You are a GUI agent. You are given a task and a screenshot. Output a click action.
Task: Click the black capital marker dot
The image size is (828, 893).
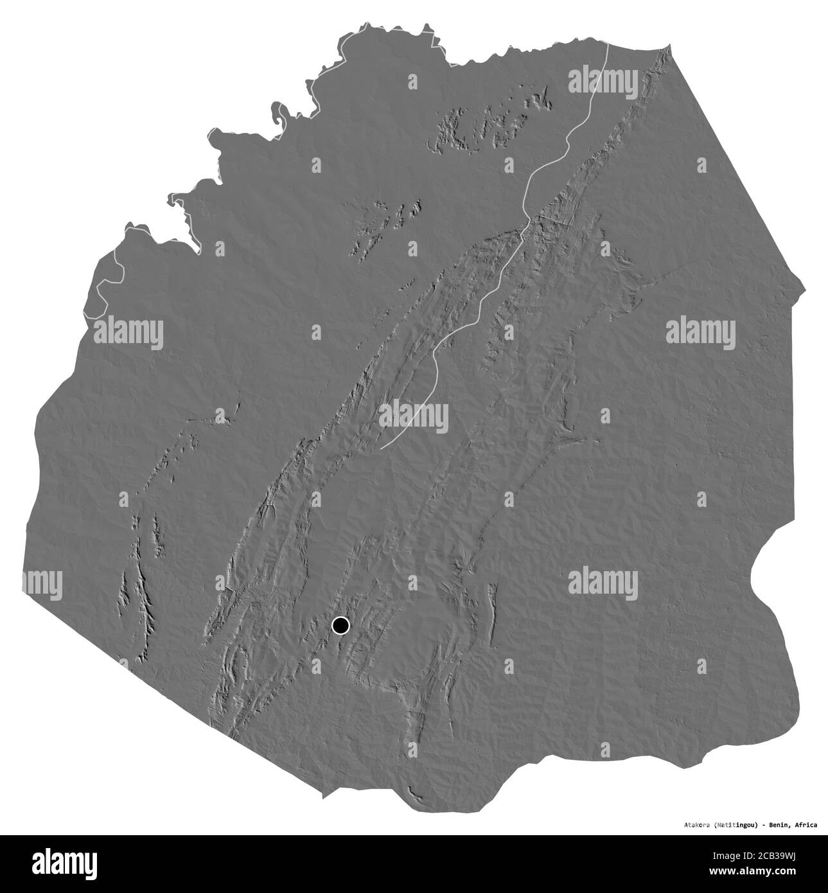tap(340, 625)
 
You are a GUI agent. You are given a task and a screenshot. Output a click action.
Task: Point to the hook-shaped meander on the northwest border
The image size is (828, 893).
tap(281, 117)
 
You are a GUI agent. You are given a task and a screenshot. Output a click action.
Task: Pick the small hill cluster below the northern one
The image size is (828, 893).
tap(385, 222)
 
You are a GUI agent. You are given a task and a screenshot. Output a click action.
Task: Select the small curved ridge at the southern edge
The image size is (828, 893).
tap(417, 795)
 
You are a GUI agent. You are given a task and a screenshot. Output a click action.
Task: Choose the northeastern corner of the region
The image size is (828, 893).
tap(669, 44)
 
